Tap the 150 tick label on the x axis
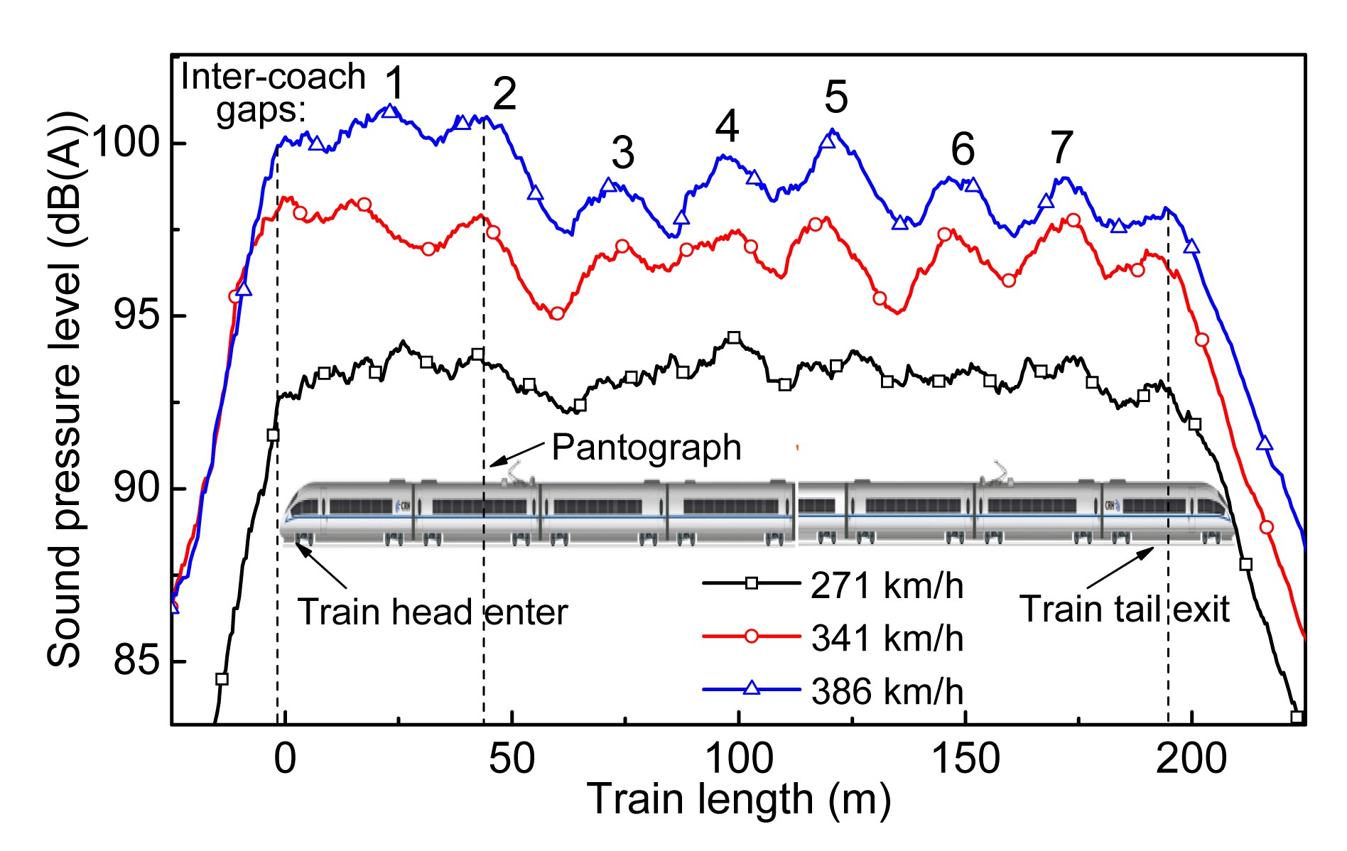tap(965, 759)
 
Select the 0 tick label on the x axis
tap(284, 759)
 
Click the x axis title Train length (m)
tap(738, 800)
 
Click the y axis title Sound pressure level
tap(65, 390)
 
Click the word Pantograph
tap(646, 448)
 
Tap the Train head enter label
tap(432, 612)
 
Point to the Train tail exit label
tap(1124, 609)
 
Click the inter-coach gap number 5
tap(836, 97)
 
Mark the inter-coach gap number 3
tap(622, 153)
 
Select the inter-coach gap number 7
tap(1061, 148)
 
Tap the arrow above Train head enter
tap(321, 565)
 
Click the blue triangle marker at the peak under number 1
tap(389, 111)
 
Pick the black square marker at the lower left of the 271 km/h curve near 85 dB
tap(222, 679)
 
